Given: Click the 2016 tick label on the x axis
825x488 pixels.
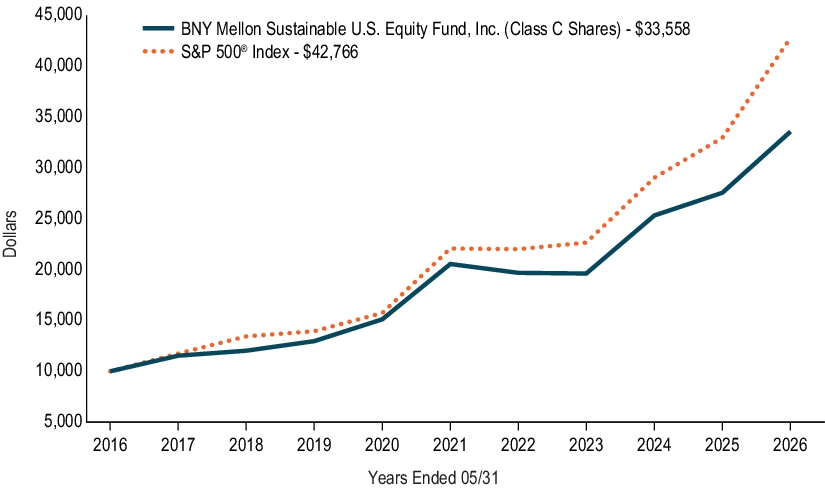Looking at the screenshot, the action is [110, 445].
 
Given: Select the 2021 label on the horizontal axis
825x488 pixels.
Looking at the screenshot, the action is [450, 445].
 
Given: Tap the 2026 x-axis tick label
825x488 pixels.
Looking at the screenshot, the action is [790, 445].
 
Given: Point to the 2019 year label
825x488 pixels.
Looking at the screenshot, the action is [314, 445].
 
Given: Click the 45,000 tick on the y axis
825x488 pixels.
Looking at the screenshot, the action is [58, 14].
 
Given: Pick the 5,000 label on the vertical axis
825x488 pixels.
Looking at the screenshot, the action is [63, 421].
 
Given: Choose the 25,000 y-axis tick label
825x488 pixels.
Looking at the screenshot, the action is [58, 217].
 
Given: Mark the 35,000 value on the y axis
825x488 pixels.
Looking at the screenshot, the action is [58, 116].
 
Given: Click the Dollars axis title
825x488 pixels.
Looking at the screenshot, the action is [10, 234].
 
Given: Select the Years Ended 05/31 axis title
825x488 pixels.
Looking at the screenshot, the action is [433, 477].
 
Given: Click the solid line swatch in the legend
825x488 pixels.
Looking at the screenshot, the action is [158, 28].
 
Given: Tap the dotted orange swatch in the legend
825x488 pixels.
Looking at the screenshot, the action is [158, 52].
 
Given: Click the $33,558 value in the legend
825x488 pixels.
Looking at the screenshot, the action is [662, 28].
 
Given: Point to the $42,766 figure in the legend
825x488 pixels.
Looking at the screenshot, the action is [330, 52].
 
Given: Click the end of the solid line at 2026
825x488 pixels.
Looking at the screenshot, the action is [790, 132].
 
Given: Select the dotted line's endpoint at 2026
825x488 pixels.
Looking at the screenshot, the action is [788, 42].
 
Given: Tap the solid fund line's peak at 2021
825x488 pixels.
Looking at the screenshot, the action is [450, 264].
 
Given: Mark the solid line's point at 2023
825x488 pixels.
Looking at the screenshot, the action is [586, 274].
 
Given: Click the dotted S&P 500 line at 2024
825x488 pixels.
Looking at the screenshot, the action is [654, 177].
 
